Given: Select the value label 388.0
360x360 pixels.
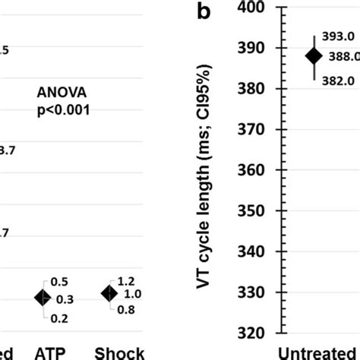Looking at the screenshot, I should point(344,56).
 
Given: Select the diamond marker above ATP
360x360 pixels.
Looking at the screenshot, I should point(44,298).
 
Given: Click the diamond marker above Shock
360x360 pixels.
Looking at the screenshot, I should point(111,293).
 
